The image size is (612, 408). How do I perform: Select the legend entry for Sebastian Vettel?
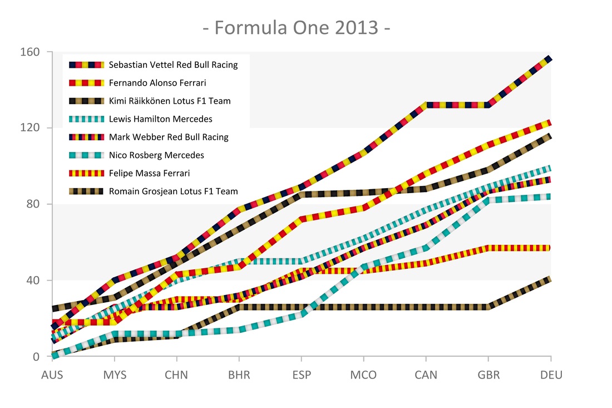(x=173, y=65)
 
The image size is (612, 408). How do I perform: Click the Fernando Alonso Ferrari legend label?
(x=157, y=83)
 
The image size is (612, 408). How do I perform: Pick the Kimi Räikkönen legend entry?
(x=170, y=101)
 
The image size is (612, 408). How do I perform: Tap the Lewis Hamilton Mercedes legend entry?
(x=160, y=119)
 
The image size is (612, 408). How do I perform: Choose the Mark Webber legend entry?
(x=169, y=137)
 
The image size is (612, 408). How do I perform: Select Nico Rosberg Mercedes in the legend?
(x=156, y=155)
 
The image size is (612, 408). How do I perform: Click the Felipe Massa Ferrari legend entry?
(x=153, y=173)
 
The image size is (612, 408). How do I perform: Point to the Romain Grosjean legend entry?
(x=173, y=191)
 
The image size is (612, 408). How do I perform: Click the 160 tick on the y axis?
(x=32, y=52)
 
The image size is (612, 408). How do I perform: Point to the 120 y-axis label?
(x=32, y=128)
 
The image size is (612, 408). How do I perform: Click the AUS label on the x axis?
(x=52, y=375)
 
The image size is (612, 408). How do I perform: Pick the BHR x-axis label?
(x=239, y=375)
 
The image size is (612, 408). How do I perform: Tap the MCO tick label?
(x=364, y=375)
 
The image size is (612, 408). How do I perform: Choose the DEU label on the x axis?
(x=551, y=375)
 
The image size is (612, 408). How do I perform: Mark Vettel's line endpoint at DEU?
(x=550, y=58)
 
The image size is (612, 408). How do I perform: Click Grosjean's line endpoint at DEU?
(x=550, y=278)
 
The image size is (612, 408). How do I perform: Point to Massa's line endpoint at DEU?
(x=550, y=248)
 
